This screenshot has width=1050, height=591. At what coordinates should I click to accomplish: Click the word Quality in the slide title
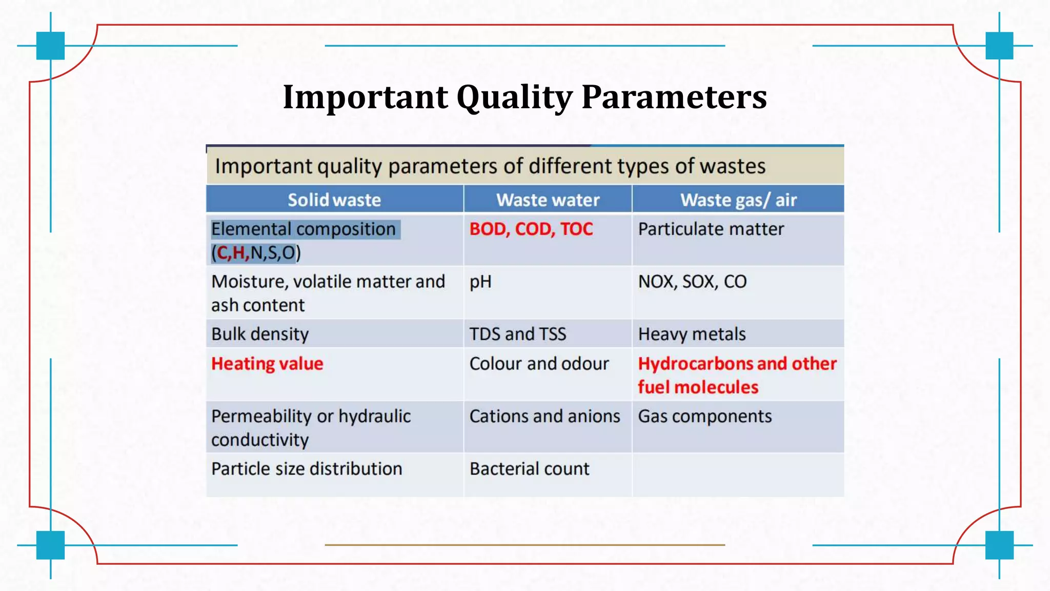click(514, 97)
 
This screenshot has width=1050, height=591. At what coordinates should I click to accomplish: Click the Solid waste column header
click(334, 200)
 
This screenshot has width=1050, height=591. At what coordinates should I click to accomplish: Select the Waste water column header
click(548, 200)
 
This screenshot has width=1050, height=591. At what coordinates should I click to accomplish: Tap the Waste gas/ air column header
click(738, 200)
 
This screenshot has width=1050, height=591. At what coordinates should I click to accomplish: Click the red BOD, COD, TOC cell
click(531, 229)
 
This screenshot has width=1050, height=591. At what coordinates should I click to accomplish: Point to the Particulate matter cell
click(711, 229)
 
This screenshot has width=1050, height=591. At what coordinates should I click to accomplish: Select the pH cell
click(480, 282)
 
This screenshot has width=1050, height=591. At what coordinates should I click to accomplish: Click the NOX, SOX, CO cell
click(692, 282)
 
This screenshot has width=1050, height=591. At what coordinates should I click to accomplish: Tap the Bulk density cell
click(260, 334)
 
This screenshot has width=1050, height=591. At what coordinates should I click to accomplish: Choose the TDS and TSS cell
click(518, 334)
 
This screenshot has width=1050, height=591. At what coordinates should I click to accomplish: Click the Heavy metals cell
click(692, 334)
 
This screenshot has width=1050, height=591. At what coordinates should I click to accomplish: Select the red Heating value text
click(267, 364)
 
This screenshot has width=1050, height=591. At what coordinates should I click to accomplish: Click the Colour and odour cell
click(539, 364)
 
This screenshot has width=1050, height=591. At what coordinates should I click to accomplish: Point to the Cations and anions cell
click(544, 417)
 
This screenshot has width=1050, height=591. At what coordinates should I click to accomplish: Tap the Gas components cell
click(704, 417)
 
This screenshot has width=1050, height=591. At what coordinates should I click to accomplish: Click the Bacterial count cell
click(529, 469)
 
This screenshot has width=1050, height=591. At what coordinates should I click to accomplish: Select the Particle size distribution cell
click(307, 469)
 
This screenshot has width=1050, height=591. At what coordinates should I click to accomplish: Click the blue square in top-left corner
click(50, 46)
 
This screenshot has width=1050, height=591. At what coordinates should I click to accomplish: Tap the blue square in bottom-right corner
click(999, 545)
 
